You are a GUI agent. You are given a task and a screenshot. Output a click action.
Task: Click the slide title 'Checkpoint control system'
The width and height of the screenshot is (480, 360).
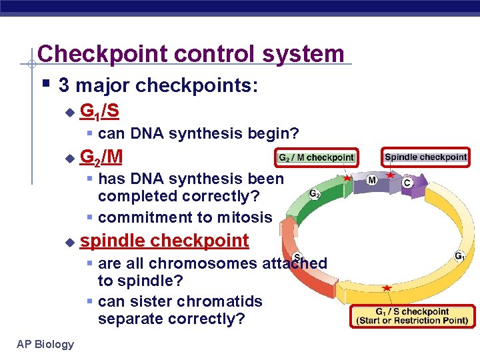click(191, 54)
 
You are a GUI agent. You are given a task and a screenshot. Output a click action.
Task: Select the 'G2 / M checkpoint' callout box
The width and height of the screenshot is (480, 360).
click(315, 158)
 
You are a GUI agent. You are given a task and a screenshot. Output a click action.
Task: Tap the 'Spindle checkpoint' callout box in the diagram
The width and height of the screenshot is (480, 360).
click(425, 157)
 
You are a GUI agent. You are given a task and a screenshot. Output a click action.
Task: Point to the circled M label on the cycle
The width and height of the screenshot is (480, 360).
click(372, 179)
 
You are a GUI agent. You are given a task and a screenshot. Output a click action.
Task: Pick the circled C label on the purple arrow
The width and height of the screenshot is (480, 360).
click(406, 181)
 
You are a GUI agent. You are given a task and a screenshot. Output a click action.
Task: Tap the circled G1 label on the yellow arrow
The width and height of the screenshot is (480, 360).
click(459, 255)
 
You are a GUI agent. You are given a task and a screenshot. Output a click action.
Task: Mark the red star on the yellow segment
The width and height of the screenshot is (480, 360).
click(387, 288)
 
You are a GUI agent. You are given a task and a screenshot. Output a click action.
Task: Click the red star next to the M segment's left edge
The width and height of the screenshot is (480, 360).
click(347, 178)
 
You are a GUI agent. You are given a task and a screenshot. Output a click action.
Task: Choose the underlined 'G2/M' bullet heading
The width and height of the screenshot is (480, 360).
click(101, 157)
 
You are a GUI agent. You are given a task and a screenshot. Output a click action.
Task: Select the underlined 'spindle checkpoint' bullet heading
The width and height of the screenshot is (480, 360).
click(164, 240)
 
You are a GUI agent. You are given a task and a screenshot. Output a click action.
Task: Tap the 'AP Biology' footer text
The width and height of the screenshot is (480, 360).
click(45, 344)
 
